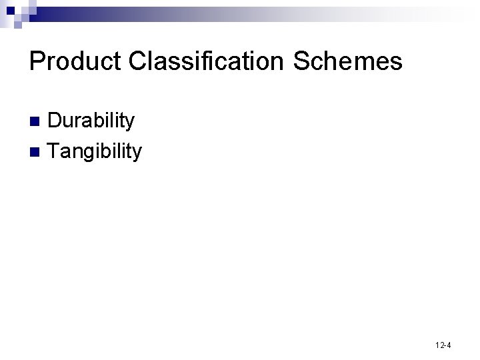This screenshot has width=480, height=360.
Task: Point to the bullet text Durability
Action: pos(91,121)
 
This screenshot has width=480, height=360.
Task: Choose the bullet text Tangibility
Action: pos(95,152)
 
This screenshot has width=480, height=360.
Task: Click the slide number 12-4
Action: pos(442,345)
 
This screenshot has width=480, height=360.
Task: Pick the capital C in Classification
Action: pos(140,61)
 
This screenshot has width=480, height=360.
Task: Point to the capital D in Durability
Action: pos(55,121)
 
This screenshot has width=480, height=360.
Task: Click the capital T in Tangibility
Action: pos(54,151)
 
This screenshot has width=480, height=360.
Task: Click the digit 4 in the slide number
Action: pos(449,345)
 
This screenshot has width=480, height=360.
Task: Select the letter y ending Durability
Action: pos(129,123)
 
